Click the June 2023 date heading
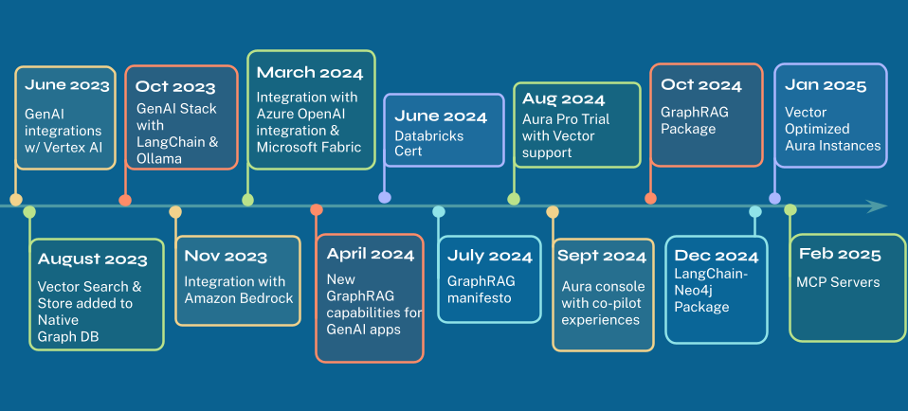(x=66, y=85)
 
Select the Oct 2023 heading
(x=175, y=87)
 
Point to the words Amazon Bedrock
(x=239, y=298)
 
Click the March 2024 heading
(x=310, y=73)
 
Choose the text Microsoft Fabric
(x=309, y=147)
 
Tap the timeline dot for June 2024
(x=385, y=197)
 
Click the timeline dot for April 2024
(x=317, y=209)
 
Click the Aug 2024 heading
(x=563, y=99)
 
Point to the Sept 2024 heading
(x=602, y=256)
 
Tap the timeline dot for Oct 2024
(x=650, y=199)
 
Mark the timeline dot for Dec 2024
(x=755, y=212)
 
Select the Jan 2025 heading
(x=826, y=85)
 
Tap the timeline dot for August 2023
(x=29, y=212)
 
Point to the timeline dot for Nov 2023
(x=175, y=212)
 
